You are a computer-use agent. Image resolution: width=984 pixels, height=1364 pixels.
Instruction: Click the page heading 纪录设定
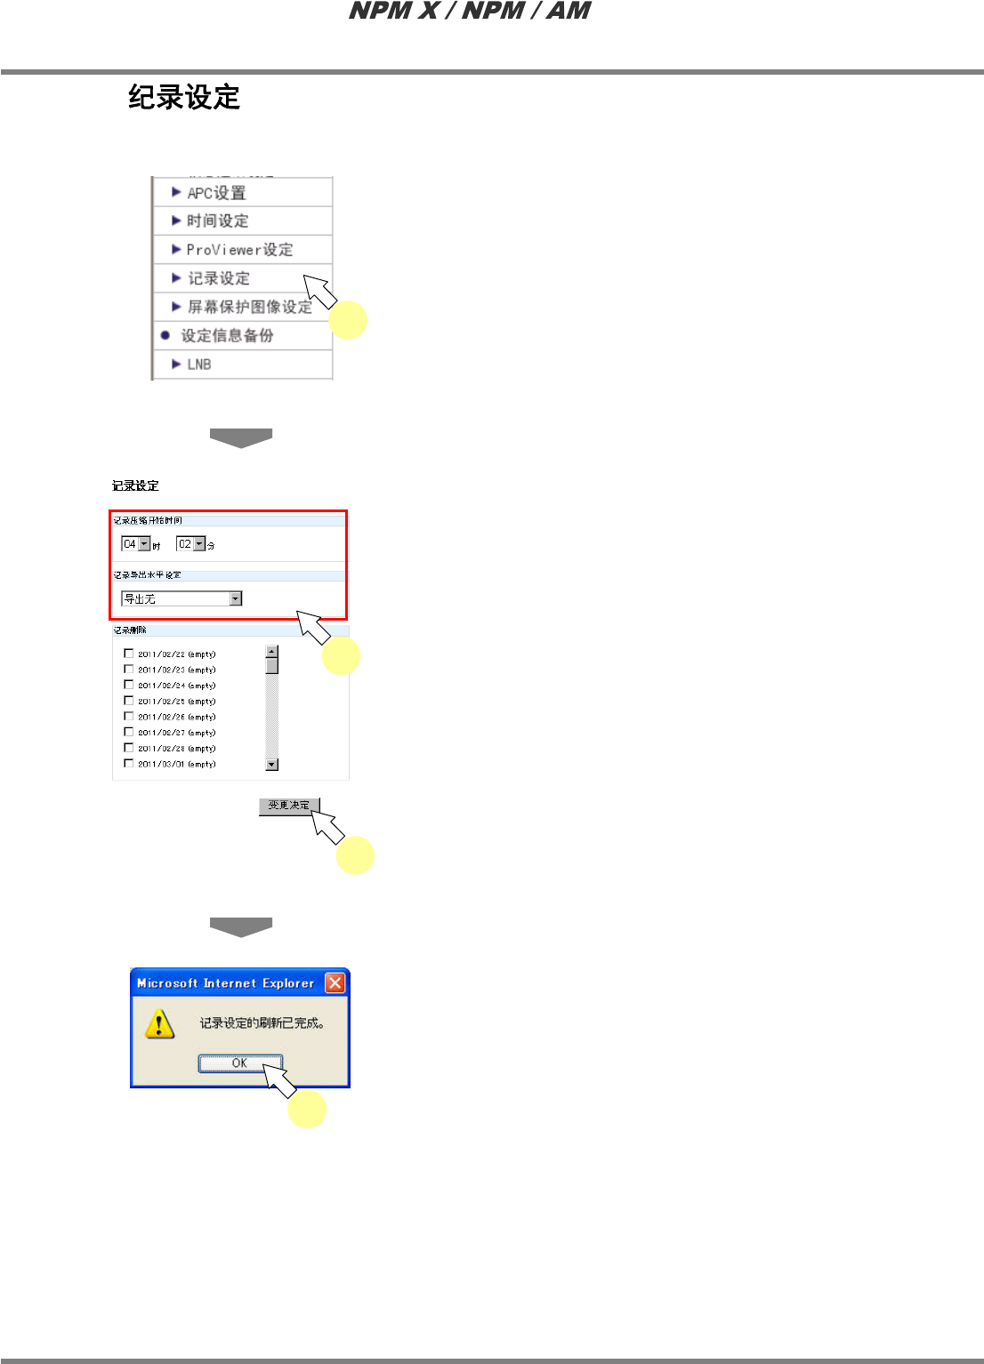[x=184, y=97]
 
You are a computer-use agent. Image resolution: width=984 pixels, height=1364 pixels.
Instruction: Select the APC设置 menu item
[x=216, y=193]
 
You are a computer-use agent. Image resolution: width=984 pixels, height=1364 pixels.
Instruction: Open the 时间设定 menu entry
[x=217, y=221]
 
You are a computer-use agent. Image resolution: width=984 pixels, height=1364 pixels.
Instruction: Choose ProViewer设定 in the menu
[x=238, y=250]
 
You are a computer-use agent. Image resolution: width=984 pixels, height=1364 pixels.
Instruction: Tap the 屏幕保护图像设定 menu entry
[x=249, y=307]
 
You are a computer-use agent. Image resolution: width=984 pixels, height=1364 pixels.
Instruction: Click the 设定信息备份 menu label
[x=227, y=335]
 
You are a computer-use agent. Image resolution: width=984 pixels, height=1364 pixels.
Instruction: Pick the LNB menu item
[x=198, y=365]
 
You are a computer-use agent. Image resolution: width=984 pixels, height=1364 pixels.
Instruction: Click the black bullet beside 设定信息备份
[x=165, y=335]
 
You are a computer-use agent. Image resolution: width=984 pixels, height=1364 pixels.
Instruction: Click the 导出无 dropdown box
[x=181, y=599]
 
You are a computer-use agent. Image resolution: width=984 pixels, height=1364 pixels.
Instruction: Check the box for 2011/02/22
[x=129, y=654]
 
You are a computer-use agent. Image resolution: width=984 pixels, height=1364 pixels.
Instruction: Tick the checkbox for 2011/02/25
[x=129, y=701]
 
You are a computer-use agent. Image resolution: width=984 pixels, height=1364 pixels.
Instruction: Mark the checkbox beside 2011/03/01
[x=129, y=764]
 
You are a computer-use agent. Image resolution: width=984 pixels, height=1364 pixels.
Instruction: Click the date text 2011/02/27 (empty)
[x=176, y=733]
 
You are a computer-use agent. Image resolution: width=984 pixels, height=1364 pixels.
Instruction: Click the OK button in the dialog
[x=239, y=1063]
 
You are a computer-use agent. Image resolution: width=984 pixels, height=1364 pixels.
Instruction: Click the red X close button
[x=335, y=983]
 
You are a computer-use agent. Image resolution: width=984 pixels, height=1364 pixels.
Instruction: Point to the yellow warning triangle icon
[x=159, y=1023]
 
